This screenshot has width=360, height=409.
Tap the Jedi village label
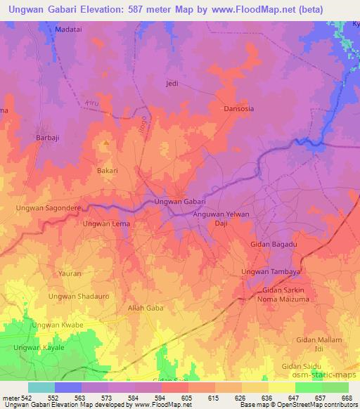coord(171,83)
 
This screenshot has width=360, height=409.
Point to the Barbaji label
coord(49,138)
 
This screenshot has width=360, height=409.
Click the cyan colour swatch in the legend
coord(41,388)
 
